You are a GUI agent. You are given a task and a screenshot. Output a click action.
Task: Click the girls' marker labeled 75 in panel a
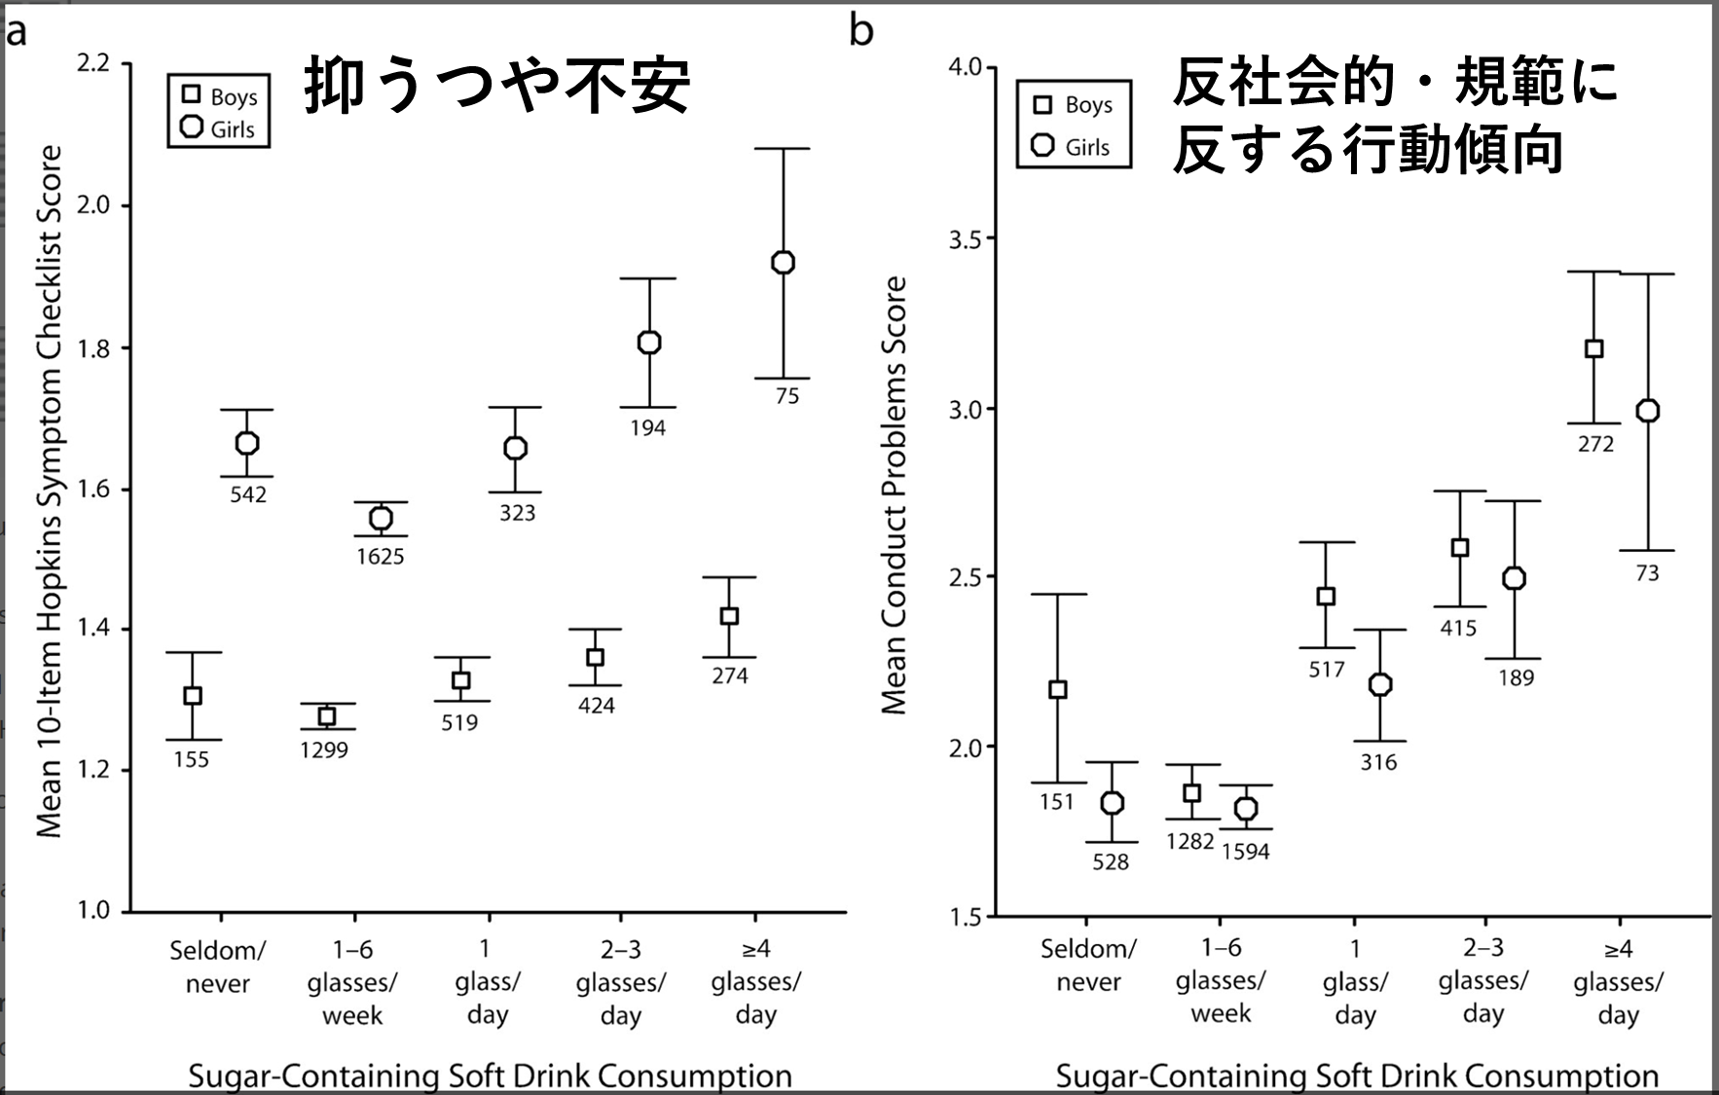[783, 263]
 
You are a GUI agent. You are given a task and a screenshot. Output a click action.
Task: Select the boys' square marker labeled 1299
[327, 716]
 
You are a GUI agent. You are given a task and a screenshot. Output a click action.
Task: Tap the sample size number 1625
[380, 557]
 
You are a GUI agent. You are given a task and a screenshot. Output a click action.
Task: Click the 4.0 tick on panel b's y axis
[966, 67]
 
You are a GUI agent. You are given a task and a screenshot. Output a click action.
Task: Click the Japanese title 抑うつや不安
[497, 86]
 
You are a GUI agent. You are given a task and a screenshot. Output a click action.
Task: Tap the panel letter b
[861, 30]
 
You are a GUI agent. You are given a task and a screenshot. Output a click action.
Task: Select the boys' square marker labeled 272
[1593, 348]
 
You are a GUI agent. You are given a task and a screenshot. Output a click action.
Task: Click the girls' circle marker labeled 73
[1647, 412]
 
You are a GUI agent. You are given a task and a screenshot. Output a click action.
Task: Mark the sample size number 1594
[1245, 852]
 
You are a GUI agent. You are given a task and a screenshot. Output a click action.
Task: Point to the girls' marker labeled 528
[1112, 803]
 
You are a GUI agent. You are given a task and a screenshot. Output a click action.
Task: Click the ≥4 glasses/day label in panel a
[755, 981]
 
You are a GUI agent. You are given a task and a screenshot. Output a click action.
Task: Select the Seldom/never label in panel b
[1087, 965]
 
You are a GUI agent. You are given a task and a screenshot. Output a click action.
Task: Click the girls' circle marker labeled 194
[649, 343]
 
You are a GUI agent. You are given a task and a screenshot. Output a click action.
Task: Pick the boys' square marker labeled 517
[1326, 597]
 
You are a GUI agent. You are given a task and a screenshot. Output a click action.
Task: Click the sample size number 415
[1458, 629]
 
